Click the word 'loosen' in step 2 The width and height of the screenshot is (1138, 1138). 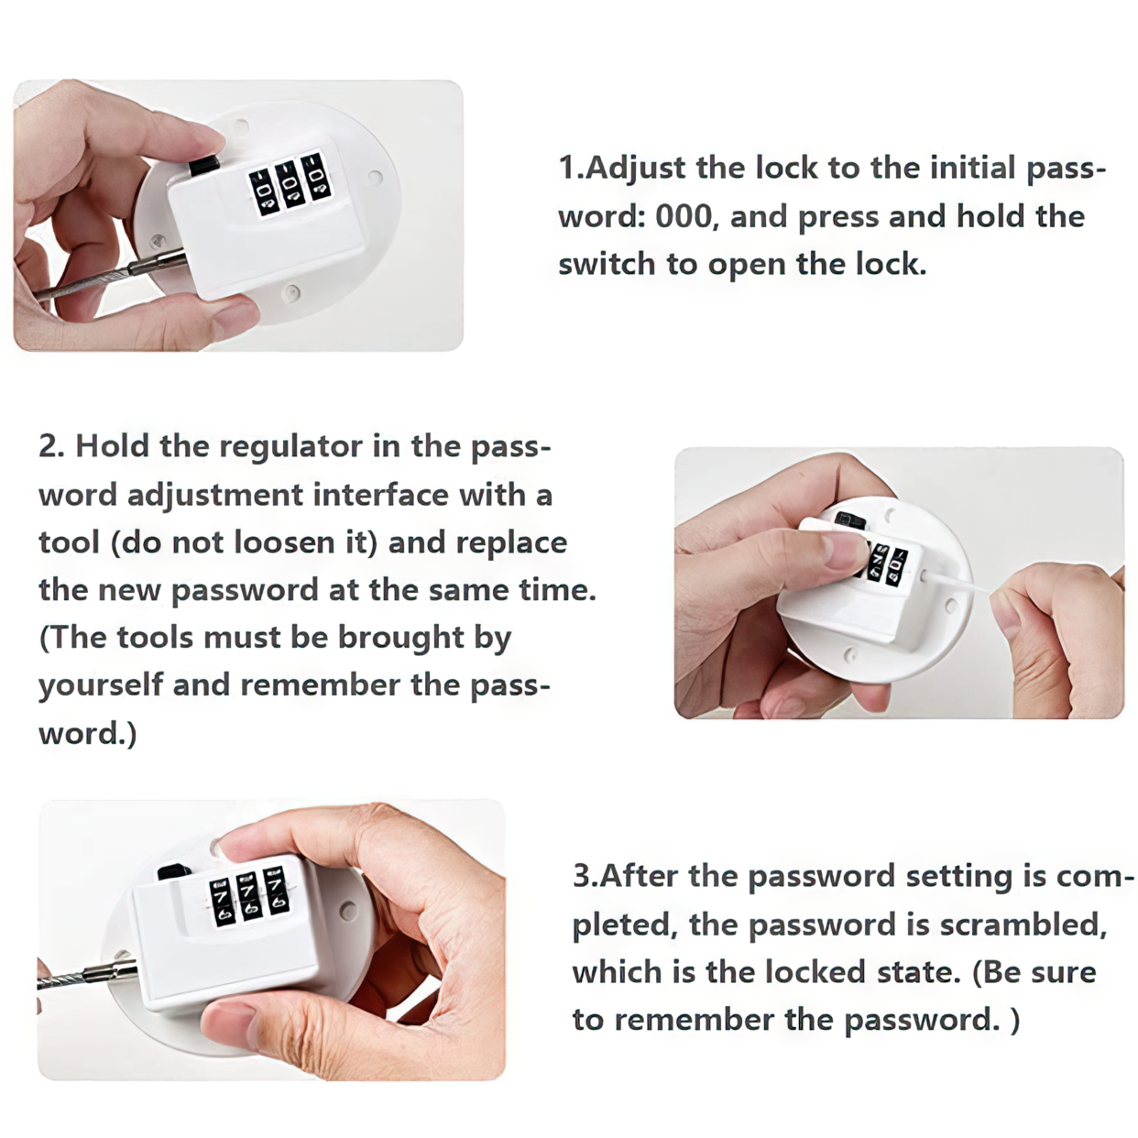click(285, 542)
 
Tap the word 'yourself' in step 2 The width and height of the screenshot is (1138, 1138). click(101, 685)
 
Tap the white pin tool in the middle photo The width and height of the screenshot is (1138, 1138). click(955, 582)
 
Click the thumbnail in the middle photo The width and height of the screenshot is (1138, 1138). click(840, 550)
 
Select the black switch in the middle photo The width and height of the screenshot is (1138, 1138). click(849, 520)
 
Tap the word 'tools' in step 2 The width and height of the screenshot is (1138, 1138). click(156, 638)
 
